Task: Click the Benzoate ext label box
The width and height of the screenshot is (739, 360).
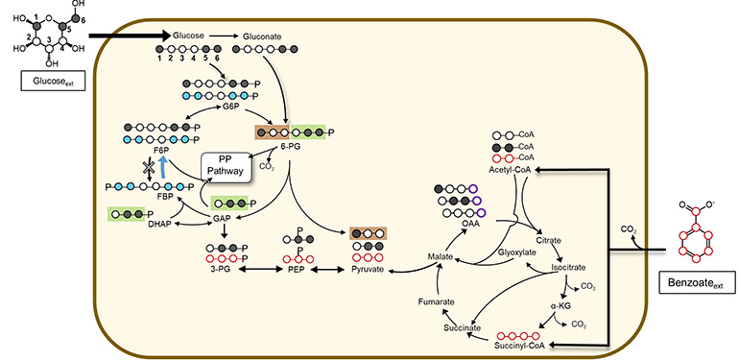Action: coord(695,282)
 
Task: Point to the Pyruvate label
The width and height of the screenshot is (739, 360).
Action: coord(367,270)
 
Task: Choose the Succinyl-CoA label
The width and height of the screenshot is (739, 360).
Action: coord(522,343)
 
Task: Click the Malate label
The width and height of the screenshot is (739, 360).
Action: coord(444,258)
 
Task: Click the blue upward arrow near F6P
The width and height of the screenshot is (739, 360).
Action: coord(164,167)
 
